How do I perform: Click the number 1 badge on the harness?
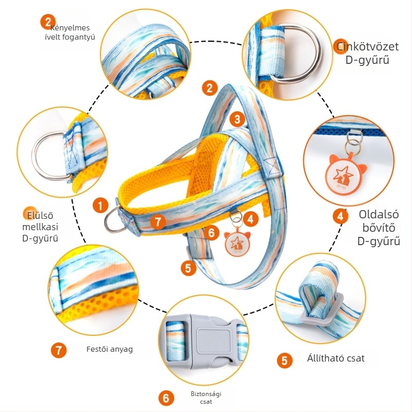coord(100,205)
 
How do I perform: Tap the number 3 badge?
coord(237,119)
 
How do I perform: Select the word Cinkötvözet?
coord(367,46)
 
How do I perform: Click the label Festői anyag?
coord(110,349)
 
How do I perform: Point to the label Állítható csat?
coord(336,358)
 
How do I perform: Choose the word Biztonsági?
coord(206,394)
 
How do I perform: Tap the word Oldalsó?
coord(379,214)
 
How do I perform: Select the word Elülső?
coord(40,215)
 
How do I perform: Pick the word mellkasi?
coord(40,227)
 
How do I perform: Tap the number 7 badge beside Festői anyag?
coord(59,350)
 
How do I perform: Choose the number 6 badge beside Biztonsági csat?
coord(166,398)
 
